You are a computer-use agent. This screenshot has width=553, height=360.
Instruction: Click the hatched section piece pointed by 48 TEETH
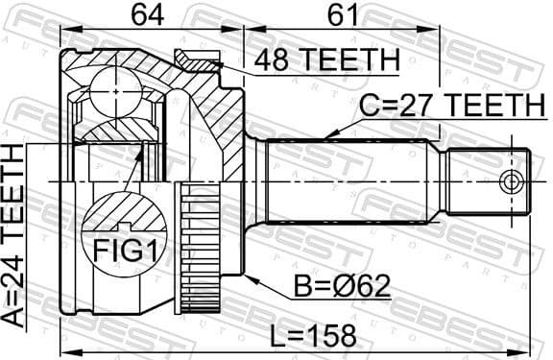coord(198,60)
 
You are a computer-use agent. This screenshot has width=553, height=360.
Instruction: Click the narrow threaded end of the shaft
coord(485,180)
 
